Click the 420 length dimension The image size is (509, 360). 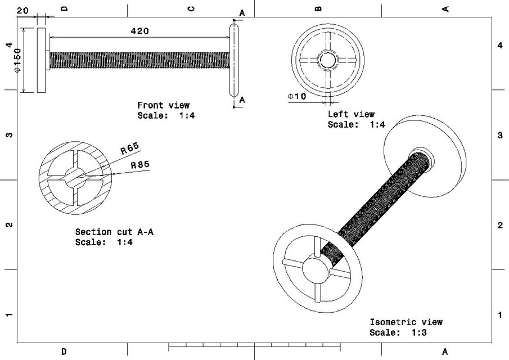point(139,31)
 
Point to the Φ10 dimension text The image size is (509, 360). point(296,96)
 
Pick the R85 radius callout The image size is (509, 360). point(140,165)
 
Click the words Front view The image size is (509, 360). point(163,105)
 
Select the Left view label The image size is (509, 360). point(351,114)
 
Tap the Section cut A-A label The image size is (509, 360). point(114,232)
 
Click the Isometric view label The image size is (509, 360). point(406,322)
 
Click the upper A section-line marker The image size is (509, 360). point(242,12)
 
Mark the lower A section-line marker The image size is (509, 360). point(242,100)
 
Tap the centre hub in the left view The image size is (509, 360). point(327,59)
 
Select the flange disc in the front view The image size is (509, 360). point(41,60)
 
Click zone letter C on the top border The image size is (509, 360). point(191,8)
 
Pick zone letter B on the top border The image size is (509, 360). point(318,8)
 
